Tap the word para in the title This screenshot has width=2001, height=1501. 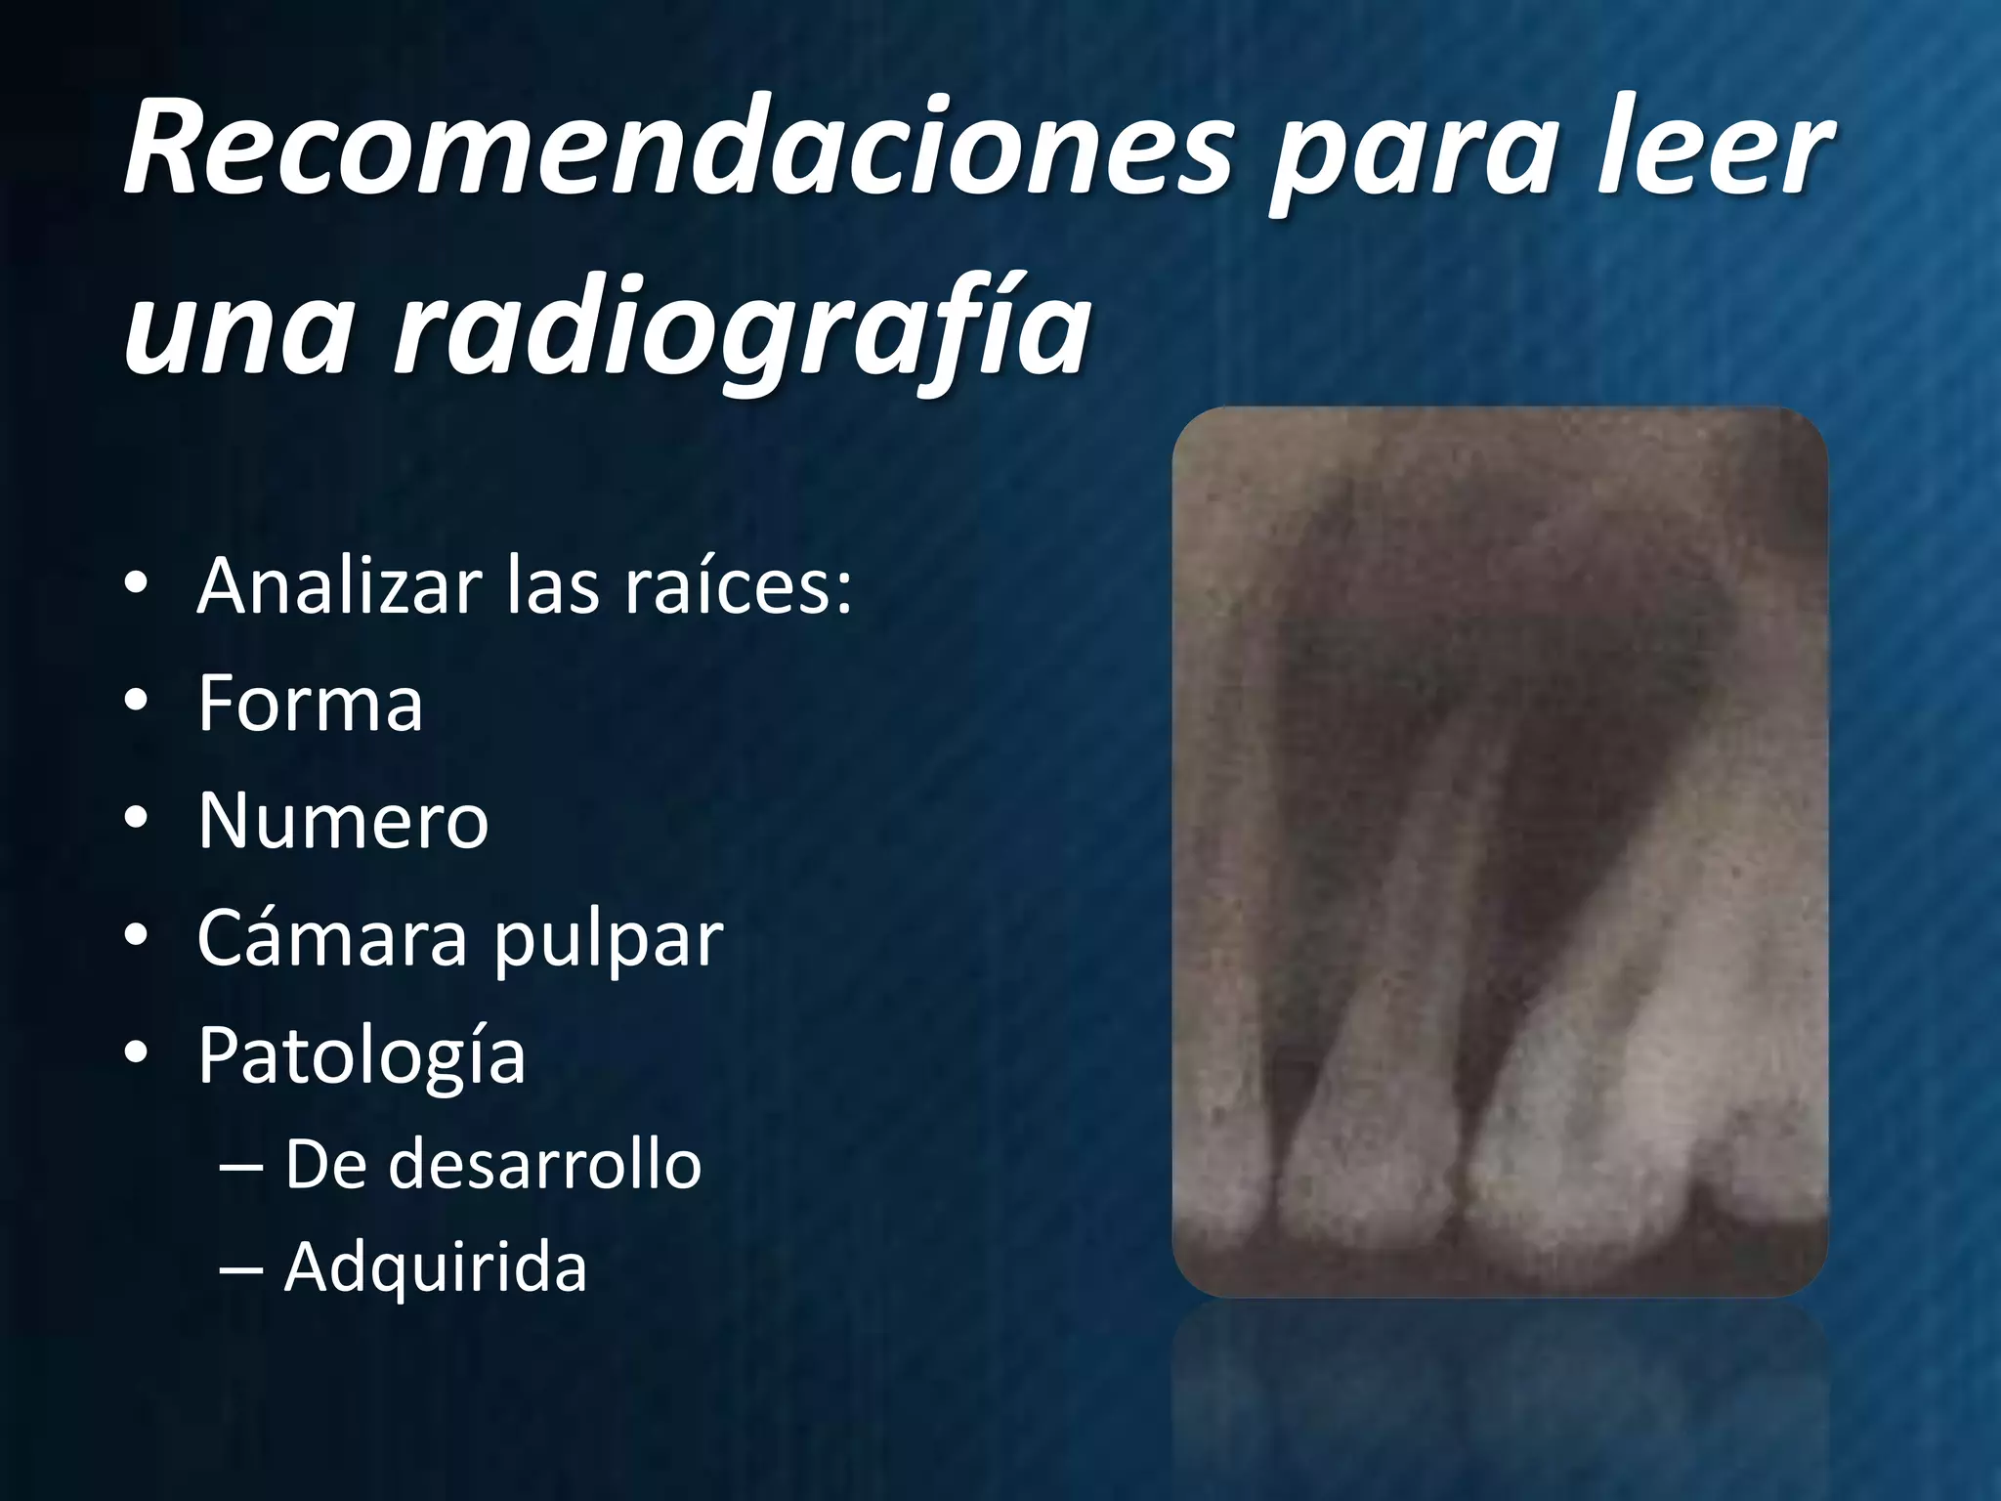pyautogui.click(x=1408, y=156)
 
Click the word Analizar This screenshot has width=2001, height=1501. pyautogui.click(x=341, y=585)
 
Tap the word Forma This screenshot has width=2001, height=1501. pyautogui.click(x=310, y=703)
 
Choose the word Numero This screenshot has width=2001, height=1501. pyautogui.click(x=342, y=820)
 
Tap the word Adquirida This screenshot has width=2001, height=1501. pyautogui.click(x=435, y=1268)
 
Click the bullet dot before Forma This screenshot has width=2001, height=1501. pyautogui.click(x=136, y=703)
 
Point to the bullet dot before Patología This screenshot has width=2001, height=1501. pyautogui.click(x=136, y=1054)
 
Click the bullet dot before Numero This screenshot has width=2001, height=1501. pyautogui.click(x=136, y=820)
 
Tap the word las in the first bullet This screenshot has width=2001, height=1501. pyautogui.click(x=552, y=585)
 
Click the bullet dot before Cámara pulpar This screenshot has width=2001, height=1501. pyautogui.click(x=136, y=937)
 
